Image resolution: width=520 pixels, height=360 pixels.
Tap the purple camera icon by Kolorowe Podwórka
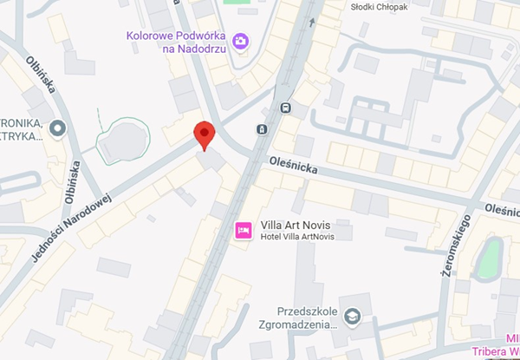coord(240,41)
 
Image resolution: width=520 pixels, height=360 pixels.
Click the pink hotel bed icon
coord(244,229)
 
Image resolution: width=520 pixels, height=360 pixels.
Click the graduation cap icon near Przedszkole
coord(351,316)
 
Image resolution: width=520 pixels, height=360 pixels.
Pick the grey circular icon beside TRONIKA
coord(59,130)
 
